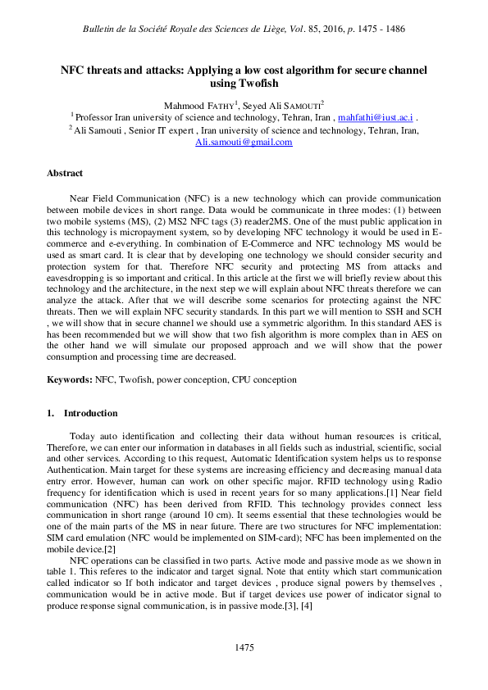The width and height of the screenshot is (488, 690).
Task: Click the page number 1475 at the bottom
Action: pos(244,647)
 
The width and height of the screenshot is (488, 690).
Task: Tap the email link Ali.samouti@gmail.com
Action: pos(243,142)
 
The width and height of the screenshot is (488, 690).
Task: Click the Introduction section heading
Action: pos(90,413)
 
